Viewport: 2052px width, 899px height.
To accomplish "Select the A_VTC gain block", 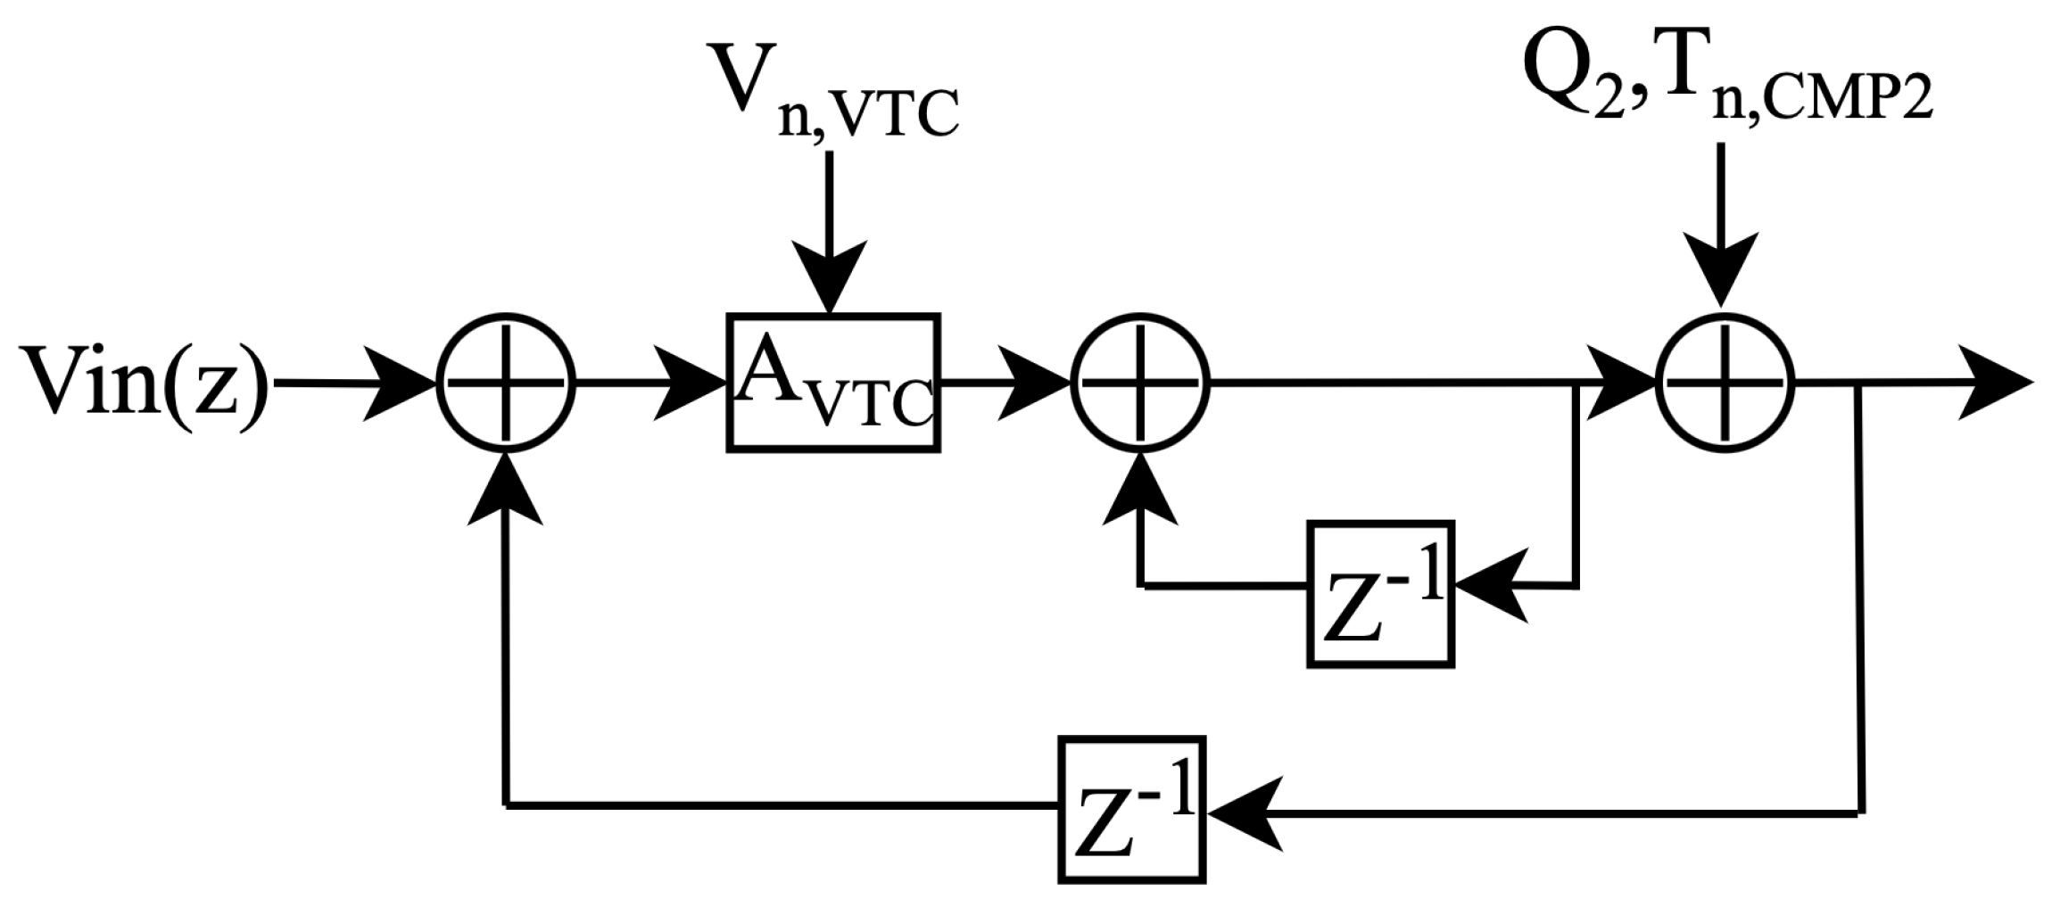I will [832, 382].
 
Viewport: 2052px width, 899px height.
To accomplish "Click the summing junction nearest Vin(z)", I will [506, 382].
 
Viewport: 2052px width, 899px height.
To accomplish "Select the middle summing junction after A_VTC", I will [1139, 382].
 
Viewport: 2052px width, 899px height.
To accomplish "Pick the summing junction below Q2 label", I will [1725, 382].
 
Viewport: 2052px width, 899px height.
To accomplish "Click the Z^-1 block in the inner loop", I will [1380, 593].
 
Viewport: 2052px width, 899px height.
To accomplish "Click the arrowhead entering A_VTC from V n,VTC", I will [831, 276].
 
